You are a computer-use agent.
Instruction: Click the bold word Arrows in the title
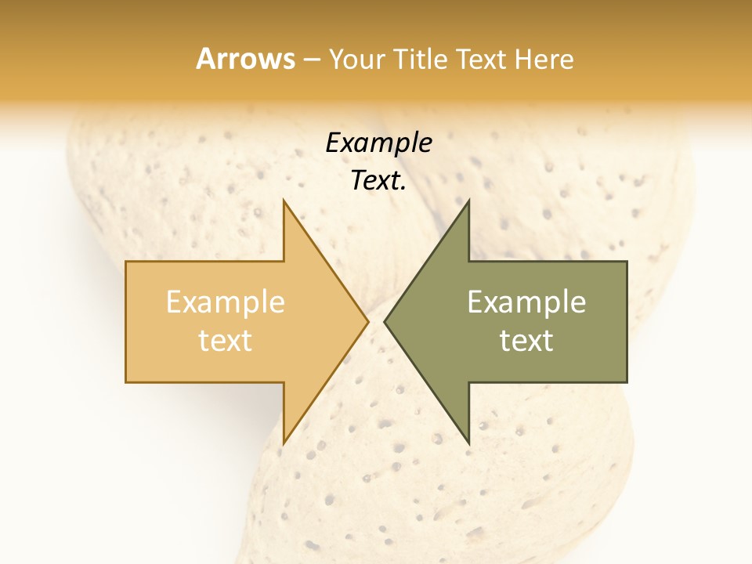[x=245, y=59]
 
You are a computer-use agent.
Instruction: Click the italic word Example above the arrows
[x=378, y=143]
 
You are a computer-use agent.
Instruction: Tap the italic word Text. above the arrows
[x=378, y=181]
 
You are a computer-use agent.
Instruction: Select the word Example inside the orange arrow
[x=226, y=302]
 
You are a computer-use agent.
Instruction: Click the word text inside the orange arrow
[x=226, y=340]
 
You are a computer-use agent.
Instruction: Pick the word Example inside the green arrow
[x=526, y=302]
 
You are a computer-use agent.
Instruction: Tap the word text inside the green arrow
[x=526, y=340]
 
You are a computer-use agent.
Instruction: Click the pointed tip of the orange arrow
[x=367, y=321]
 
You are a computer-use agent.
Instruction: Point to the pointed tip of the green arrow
[x=385, y=321]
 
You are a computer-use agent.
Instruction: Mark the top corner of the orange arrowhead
[x=284, y=200]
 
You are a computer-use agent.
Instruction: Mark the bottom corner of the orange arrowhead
[x=284, y=443]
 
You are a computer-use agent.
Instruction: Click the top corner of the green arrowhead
[x=468, y=200]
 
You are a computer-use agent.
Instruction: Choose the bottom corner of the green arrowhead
[x=468, y=443]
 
